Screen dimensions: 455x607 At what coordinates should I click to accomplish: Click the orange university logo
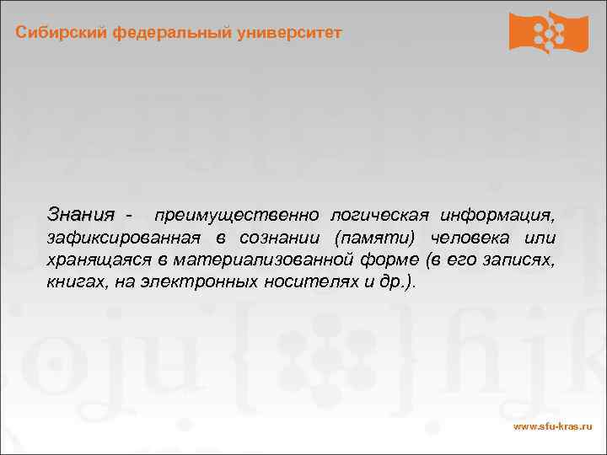[x=548, y=33]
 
